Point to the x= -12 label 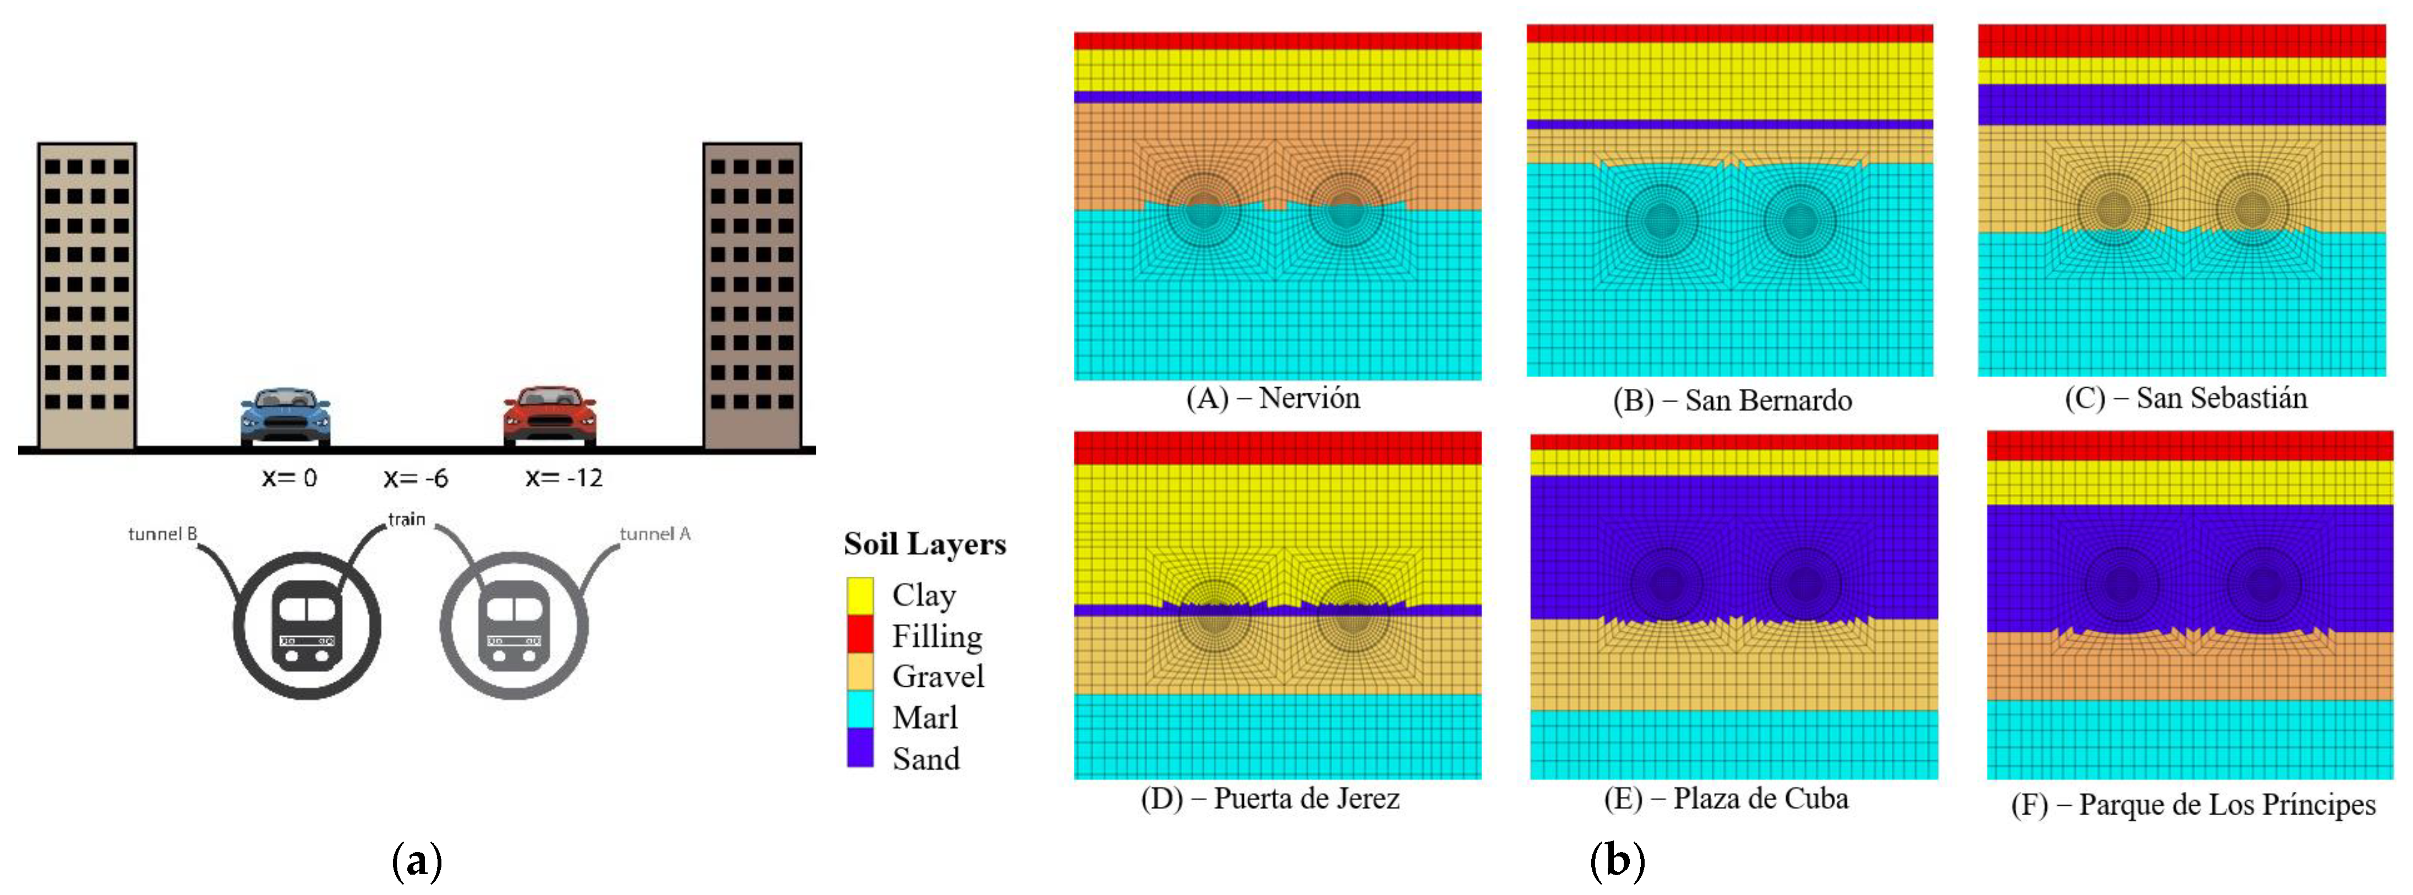[564, 478]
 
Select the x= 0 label [290, 478]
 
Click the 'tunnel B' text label [163, 534]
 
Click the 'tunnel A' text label [655, 534]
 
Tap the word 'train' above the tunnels [407, 519]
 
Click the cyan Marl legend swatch [860, 714]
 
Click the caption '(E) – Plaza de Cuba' [1726, 799]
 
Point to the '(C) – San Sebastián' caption [2185, 398]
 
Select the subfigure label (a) [416, 860]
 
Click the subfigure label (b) [1617, 860]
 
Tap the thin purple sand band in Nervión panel [1277, 96]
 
